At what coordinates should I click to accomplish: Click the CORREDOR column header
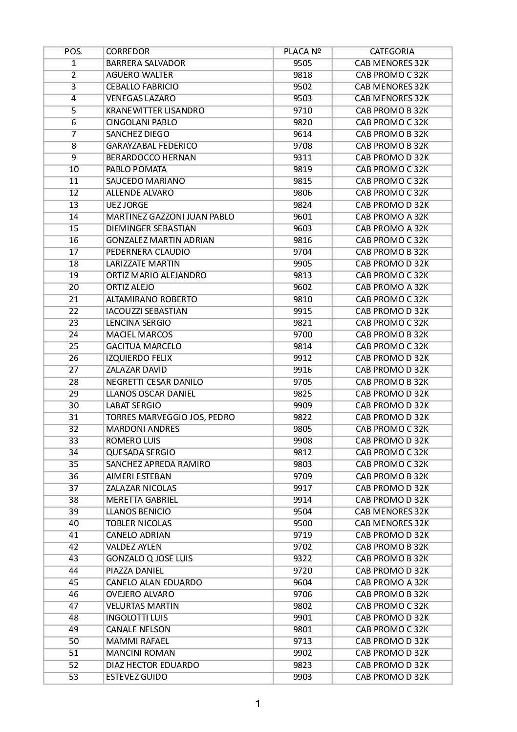coord(128,52)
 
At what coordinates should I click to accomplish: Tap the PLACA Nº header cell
coord(302,52)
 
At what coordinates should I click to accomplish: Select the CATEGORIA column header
coord(392,52)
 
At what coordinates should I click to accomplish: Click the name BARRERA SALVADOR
coord(146,64)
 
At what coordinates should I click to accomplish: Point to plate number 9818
coord(302,75)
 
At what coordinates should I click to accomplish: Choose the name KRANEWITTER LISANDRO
coord(155,111)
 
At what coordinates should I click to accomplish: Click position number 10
coord(74,170)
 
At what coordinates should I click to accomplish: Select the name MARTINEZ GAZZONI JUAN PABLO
coord(170,217)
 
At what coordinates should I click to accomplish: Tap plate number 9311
coord(302,158)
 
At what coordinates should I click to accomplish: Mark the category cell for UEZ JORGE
coord(392,205)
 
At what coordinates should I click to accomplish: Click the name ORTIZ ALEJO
coord(130,288)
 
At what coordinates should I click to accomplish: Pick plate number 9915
coord(302,311)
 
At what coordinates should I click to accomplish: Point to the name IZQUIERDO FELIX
coord(139,358)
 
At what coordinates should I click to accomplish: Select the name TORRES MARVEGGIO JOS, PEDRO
coord(170,417)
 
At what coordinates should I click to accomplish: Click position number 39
coord(74,511)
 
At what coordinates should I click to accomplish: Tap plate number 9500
coord(302,523)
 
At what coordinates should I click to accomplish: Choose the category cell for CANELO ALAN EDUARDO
coord(392,582)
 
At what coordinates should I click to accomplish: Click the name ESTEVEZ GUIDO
coord(136,677)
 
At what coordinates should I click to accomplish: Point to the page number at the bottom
coord(258,704)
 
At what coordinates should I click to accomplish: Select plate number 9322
coord(302,558)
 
